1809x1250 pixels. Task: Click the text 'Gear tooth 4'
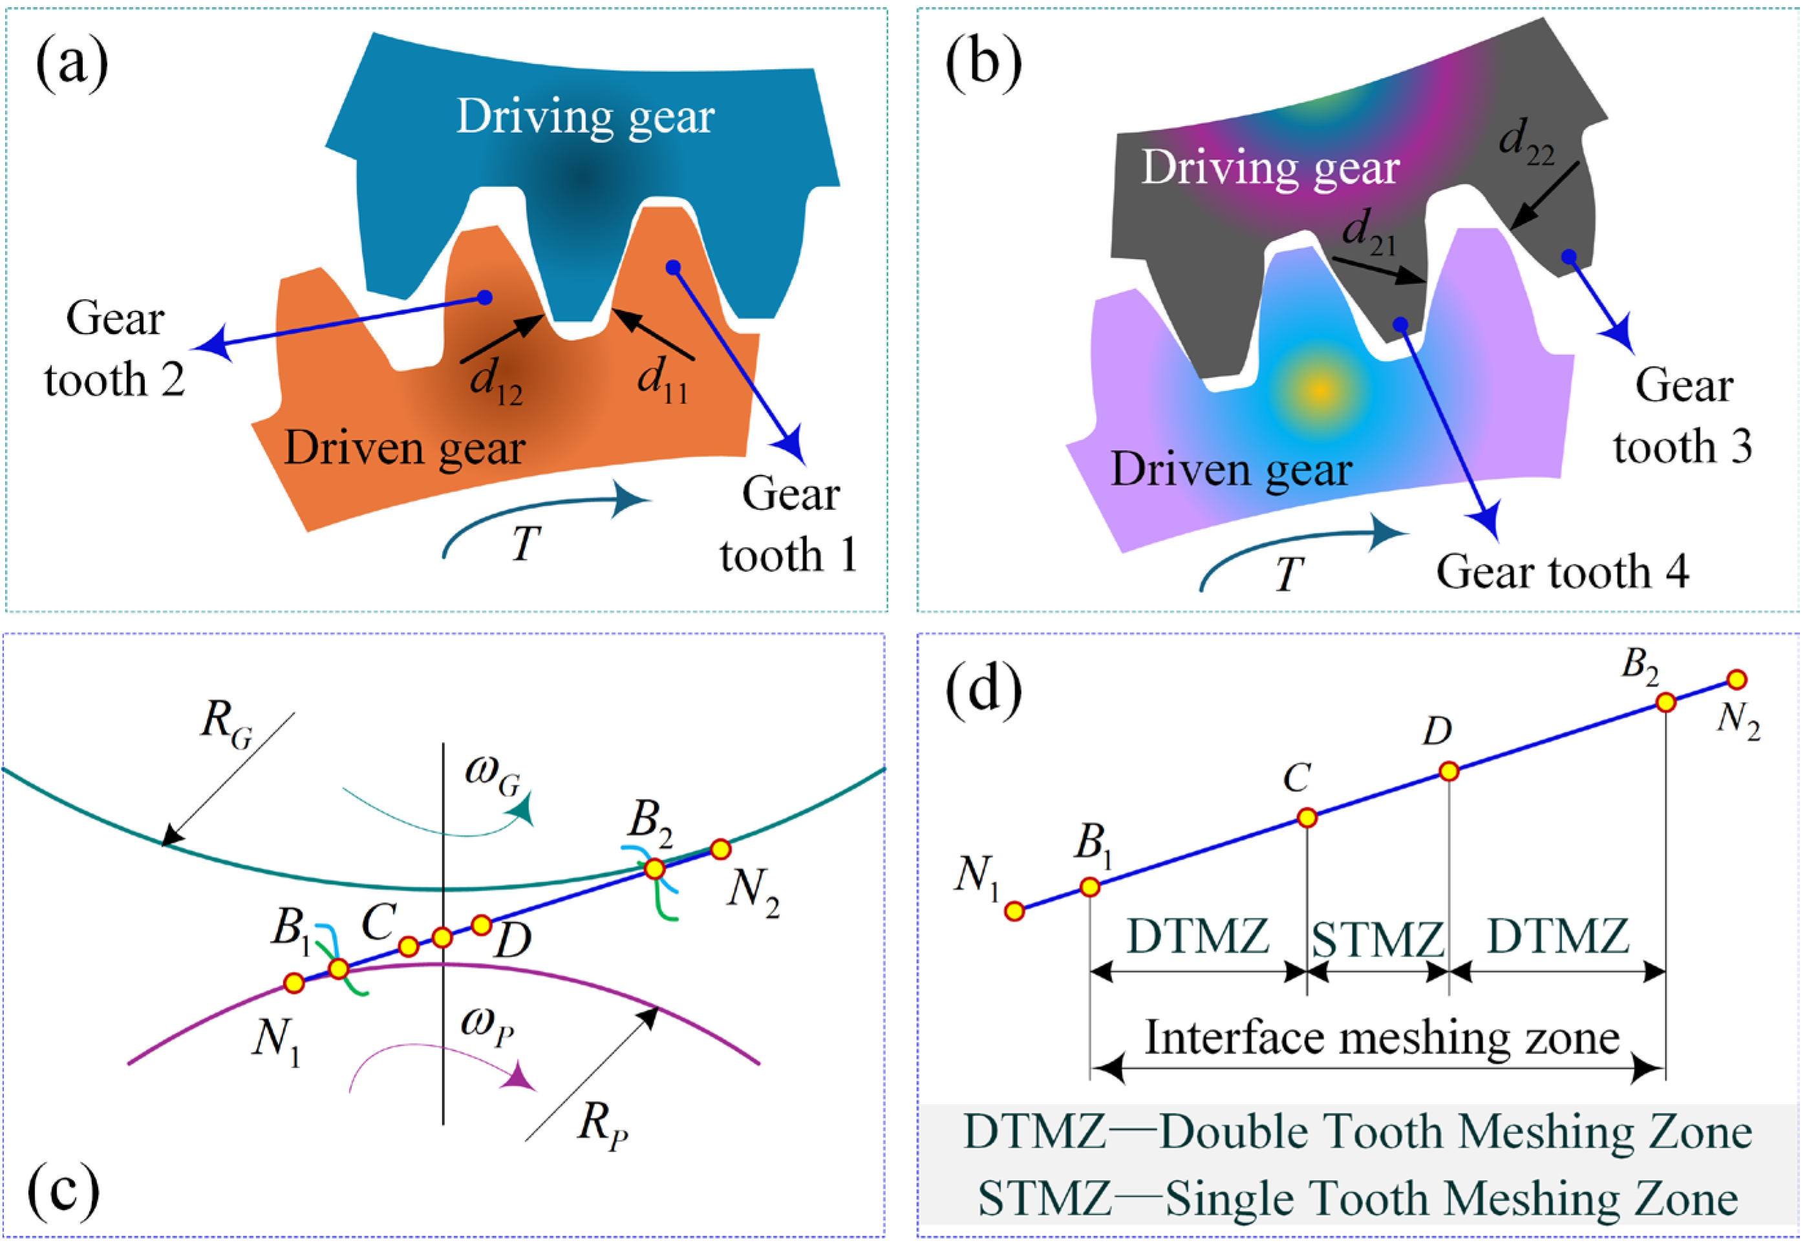point(1562,572)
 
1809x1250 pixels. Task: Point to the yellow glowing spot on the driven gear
point(1320,389)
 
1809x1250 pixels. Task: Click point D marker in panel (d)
point(1449,772)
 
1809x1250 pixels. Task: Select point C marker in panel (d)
point(1307,818)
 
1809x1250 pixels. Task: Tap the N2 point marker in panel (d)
point(1736,680)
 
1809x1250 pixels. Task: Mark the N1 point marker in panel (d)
point(1014,911)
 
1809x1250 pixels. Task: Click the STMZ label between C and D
point(1377,939)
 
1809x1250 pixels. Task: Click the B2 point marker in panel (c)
point(654,869)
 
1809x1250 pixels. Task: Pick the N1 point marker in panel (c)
point(294,983)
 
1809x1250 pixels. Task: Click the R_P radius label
point(602,1127)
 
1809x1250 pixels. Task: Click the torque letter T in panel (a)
point(526,543)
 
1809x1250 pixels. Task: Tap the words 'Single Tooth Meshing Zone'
point(1451,1199)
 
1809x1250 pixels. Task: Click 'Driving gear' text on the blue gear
point(585,118)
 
